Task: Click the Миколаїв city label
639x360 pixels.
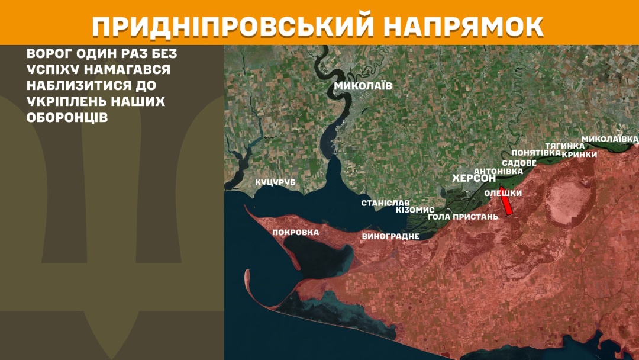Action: [363, 86]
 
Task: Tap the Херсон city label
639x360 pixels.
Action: [473, 178]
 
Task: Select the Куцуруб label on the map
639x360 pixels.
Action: [275, 182]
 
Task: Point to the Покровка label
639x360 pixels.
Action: [295, 232]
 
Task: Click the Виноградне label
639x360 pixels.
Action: [390, 236]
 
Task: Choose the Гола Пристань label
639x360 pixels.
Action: [463, 217]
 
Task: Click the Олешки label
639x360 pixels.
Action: [503, 192]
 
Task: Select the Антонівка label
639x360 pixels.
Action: [499, 171]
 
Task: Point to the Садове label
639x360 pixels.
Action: [519, 163]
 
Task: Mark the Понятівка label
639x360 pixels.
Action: [536, 153]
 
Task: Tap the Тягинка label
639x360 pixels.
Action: [564, 146]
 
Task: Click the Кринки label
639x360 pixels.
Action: [579, 154]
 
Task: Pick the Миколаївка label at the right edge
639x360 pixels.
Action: [609, 139]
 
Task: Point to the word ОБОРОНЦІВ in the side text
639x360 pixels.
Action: [67, 117]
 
